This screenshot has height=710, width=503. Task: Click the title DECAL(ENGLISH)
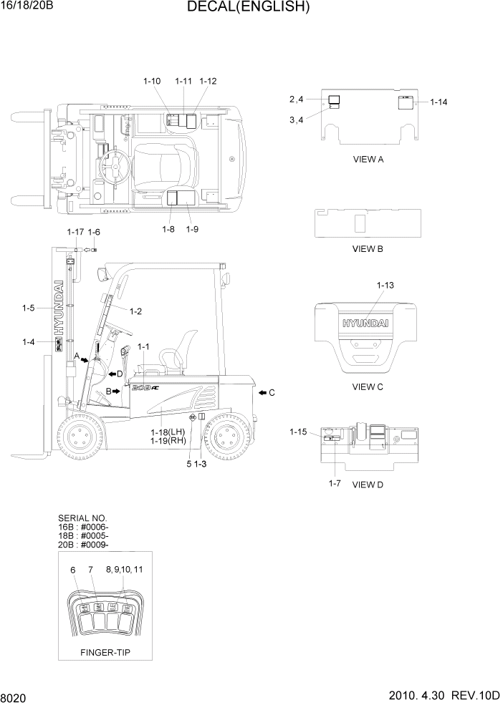tap(248, 8)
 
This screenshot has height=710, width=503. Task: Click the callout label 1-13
tap(385, 285)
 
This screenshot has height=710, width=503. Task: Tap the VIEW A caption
tap(368, 160)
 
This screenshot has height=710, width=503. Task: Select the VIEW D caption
tap(368, 485)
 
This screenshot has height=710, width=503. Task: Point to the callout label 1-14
tap(439, 102)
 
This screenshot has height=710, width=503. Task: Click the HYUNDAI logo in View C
tap(365, 324)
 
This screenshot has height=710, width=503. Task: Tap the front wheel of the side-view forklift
tap(78, 438)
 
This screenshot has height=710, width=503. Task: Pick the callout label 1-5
tap(29, 308)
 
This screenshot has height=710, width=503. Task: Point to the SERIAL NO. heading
tap(82, 517)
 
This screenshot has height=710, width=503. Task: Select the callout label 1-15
tap(298, 432)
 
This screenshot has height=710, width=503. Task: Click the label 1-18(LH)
tap(168, 432)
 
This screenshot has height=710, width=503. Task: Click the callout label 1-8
tap(169, 229)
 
